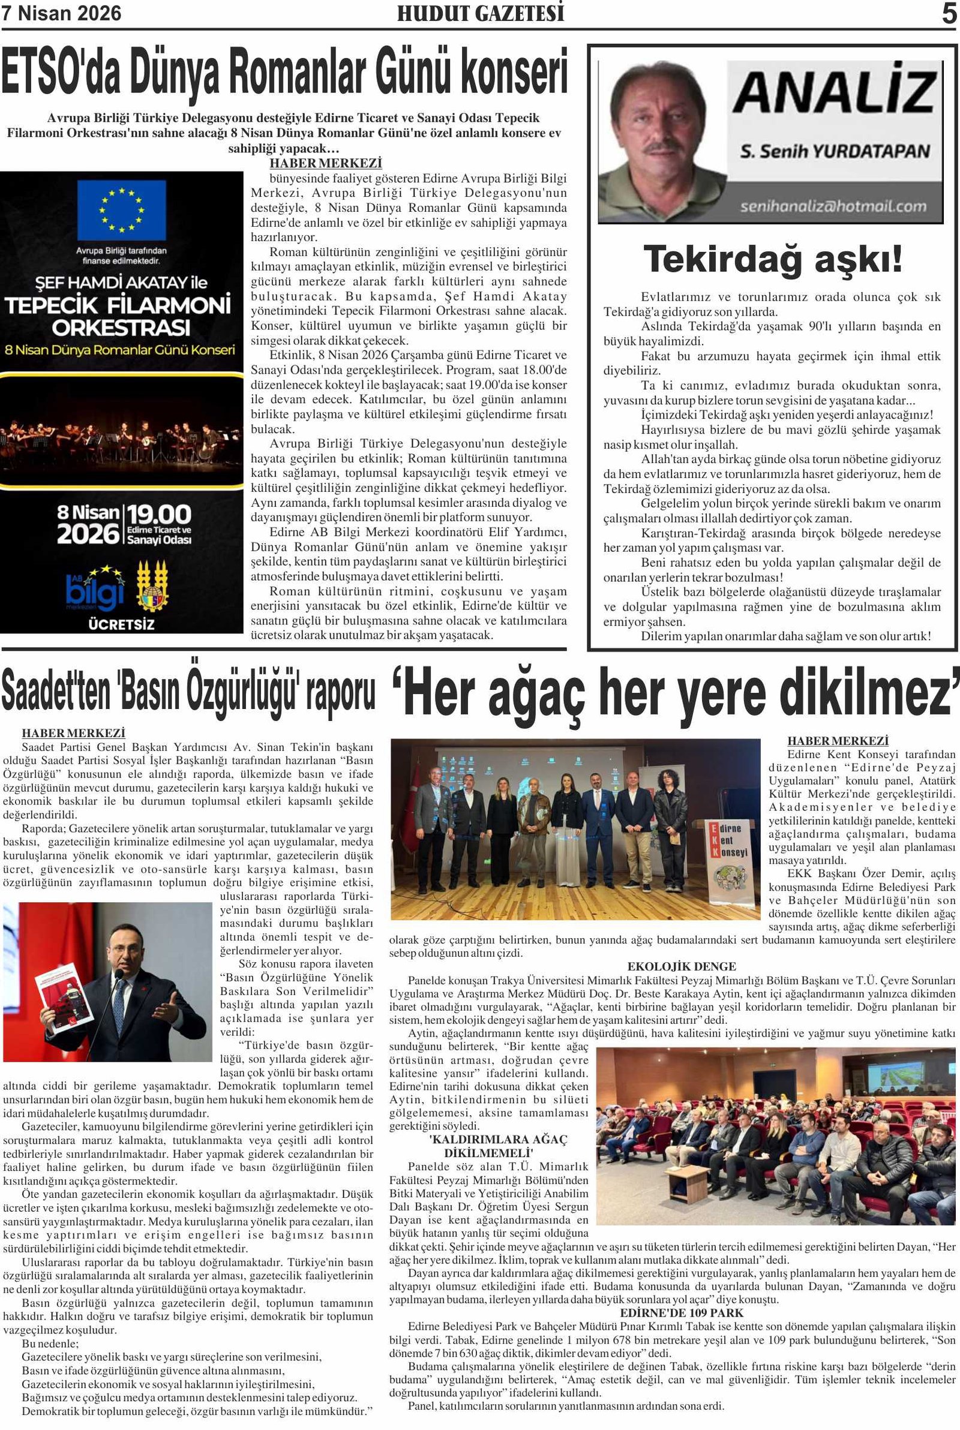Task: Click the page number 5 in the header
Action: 949,13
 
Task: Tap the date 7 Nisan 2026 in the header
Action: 61,13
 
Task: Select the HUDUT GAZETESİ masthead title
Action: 480,13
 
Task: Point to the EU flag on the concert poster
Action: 121,210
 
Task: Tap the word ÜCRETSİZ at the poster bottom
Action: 121,625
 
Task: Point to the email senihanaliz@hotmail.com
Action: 833,206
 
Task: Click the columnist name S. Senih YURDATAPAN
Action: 835,151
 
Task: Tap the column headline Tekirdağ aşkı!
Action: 773,260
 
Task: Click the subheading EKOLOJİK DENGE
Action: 682,967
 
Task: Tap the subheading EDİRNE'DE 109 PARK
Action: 682,1313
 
